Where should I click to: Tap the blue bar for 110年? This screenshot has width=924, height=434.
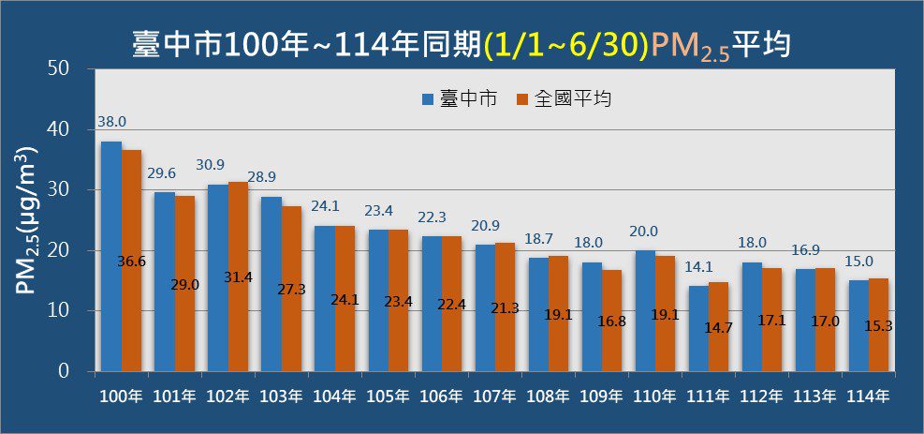pos(645,310)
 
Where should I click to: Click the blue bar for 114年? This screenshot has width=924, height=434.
pos(858,325)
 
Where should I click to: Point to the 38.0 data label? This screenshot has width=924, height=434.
pos(110,122)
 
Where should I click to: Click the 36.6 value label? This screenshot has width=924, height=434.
pos(132,262)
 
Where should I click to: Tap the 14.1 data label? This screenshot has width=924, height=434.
pos(699,265)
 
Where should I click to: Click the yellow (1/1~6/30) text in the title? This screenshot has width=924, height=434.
pos(566,44)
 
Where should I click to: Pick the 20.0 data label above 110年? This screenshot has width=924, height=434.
pos(646,232)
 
